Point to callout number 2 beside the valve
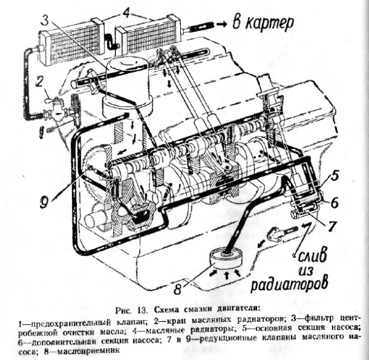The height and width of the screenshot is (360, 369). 39,80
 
